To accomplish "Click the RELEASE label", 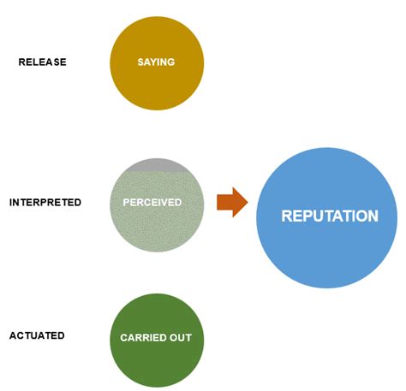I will [x=42, y=62].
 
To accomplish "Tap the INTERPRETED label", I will [x=45, y=203].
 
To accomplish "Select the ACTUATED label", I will [x=37, y=335].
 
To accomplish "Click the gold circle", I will [x=157, y=81].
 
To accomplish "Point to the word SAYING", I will [x=156, y=62].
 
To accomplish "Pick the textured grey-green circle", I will [x=157, y=222].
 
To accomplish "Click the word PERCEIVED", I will [x=152, y=203].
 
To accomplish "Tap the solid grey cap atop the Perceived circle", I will [x=157, y=165].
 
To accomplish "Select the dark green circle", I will [x=157, y=359].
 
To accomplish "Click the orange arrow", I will [x=232, y=203].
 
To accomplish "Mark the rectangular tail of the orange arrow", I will [x=224, y=203].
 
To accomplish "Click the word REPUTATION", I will [x=329, y=216].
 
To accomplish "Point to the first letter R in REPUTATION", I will [x=286, y=216].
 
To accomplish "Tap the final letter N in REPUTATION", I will [x=373, y=216].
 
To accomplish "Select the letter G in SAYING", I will [x=171, y=62].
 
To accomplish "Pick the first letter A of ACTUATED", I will [x=12, y=335].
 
